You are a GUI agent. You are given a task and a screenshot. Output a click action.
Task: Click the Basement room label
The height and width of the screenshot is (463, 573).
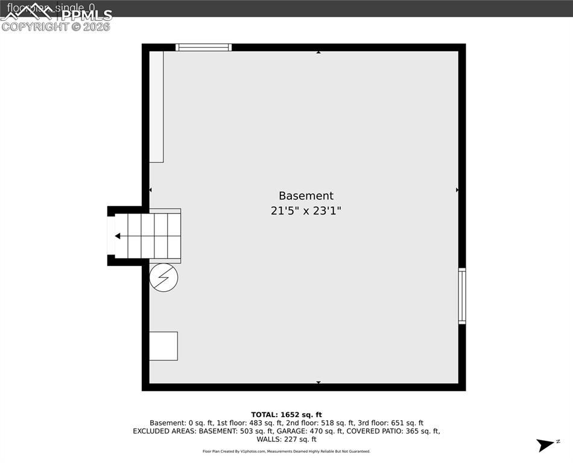click(306, 196)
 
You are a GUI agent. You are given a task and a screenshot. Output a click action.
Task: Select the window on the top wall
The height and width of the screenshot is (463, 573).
click(203, 47)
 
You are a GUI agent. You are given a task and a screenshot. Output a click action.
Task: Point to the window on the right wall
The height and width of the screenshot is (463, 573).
click(462, 295)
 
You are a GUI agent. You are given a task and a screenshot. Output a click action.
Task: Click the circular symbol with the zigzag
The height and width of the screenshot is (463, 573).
click(163, 278)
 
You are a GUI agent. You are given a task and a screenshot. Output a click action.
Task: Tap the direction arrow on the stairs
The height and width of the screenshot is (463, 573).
click(118, 236)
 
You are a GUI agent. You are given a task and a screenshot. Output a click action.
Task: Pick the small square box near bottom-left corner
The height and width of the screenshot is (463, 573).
click(163, 346)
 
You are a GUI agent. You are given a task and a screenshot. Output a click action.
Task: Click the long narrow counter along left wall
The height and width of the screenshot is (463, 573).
click(156, 107)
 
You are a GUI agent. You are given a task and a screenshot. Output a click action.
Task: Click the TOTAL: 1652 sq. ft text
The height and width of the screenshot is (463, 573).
click(286, 415)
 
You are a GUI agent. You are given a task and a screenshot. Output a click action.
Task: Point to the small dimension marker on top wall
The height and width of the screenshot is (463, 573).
click(318, 52)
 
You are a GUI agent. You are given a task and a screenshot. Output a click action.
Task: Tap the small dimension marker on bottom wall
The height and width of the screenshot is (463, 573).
click(318, 382)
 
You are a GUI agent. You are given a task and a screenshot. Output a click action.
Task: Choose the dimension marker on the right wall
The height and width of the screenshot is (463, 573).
click(457, 190)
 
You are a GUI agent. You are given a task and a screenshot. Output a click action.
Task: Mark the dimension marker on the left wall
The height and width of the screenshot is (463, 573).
click(151, 190)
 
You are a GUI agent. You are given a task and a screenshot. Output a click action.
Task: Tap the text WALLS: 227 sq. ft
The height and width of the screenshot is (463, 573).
click(286, 439)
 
